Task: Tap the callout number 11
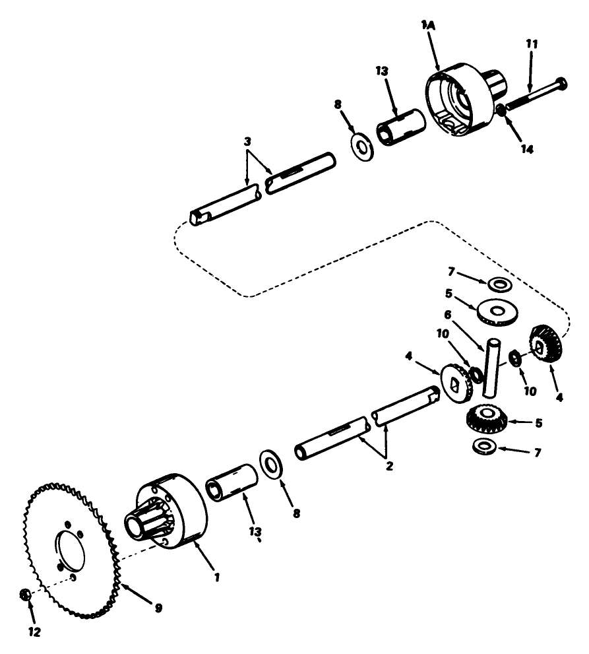click(x=532, y=44)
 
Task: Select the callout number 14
click(x=525, y=149)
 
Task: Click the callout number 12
click(x=34, y=632)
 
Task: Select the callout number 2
click(x=389, y=465)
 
